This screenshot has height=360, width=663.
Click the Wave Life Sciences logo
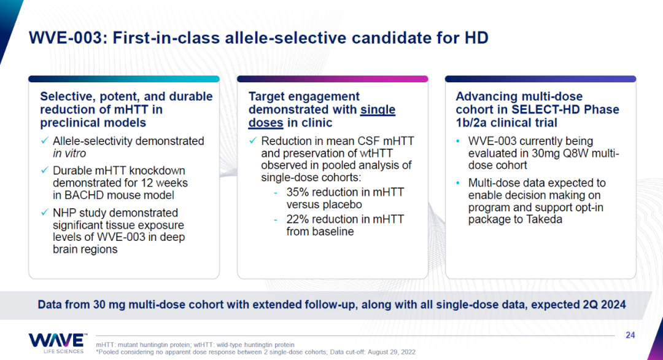click(58, 343)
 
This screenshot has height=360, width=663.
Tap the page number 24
click(630, 335)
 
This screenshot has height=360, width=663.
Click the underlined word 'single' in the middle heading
click(378, 109)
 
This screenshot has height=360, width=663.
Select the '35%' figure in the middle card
click(297, 192)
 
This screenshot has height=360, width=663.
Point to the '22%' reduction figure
click(297, 219)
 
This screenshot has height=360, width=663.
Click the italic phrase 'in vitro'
click(69, 153)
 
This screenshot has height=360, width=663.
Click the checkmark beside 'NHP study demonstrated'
click(44, 213)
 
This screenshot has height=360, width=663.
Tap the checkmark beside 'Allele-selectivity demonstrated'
click(44, 141)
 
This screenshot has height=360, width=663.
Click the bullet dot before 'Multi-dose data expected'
click(458, 183)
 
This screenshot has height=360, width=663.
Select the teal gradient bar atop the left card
click(124, 79)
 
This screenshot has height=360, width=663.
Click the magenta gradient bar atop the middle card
click(332, 79)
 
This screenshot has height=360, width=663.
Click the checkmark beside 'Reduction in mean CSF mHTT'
click(253, 141)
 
